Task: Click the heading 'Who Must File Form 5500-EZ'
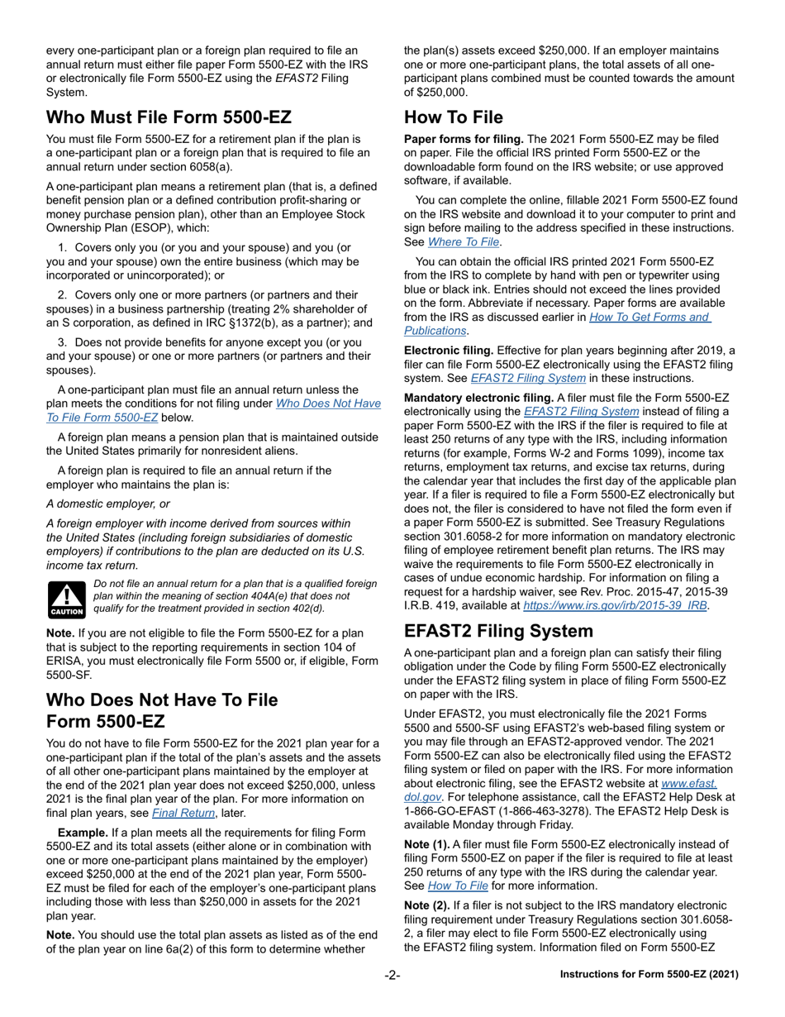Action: tap(169, 117)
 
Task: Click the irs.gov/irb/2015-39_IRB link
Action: tap(616, 605)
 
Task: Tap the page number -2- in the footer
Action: tap(392, 975)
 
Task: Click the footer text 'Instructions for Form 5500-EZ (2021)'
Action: tap(649, 975)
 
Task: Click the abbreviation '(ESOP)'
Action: tap(167, 227)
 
